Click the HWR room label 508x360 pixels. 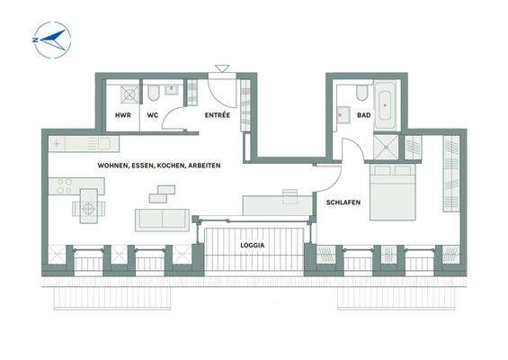click(123, 116)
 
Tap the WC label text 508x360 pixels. click(153, 116)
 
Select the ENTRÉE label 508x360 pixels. click(216, 116)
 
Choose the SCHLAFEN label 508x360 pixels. click(343, 202)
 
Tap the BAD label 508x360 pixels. click(363, 116)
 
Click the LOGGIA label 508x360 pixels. click(251, 245)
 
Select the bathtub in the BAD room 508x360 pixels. click(388, 103)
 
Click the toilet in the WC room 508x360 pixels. click(153, 94)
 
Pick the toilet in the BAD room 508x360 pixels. click(361, 93)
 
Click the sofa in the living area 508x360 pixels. click(162, 219)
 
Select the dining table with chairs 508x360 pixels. click(88, 208)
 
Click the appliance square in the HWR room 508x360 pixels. click(129, 93)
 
